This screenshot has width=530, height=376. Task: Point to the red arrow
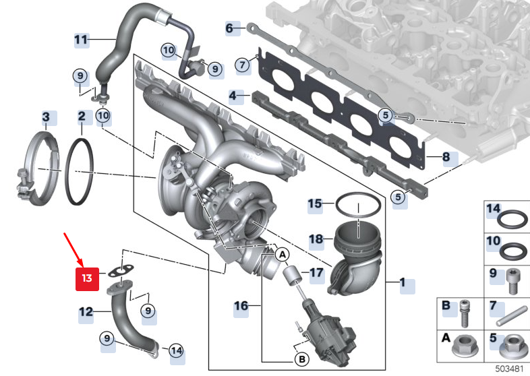pyautogui.click(x=73, y=247)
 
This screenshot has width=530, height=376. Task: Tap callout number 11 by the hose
pyautogui.click(x=81, y=40)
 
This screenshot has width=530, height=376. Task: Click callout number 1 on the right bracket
pyautogui.click(x=403, y=284)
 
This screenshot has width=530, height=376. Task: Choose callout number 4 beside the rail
pyautogui.click(x=233, y=96)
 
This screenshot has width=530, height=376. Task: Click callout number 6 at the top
pyautogui.click(x=229, y=28)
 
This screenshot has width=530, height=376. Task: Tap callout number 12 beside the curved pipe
pyautogui.click(x=86, y=312)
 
